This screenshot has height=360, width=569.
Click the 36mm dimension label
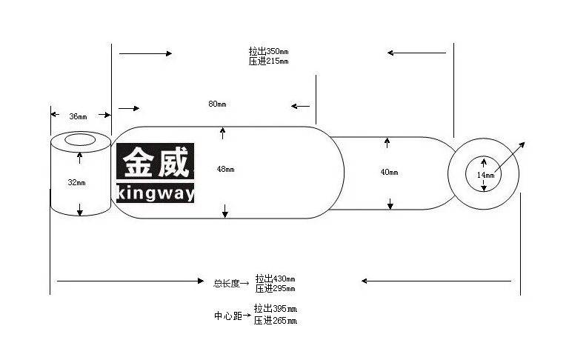(78, 116)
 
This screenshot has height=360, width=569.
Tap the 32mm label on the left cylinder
(76, 182)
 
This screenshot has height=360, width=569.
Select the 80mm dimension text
(217, 104)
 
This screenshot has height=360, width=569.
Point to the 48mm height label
(225, 169)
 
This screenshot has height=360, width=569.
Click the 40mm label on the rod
(389, 172)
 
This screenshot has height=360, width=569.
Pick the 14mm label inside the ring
(485, 175)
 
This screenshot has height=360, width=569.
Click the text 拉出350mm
(268, 51)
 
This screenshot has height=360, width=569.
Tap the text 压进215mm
(268, 61)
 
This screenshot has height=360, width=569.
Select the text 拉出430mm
(275, 279)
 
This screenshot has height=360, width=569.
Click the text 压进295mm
(275, 288)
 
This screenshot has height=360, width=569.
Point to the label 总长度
(227, 284)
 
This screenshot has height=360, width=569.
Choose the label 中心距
(228, 316)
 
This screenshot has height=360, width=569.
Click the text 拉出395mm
(276, 309)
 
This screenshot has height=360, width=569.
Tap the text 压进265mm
(276, 321)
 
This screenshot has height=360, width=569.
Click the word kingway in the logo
(156, 193)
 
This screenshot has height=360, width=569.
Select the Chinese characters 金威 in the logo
(156, 162)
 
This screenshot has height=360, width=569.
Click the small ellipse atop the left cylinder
(80, 140)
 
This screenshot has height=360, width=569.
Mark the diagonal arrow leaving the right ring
(510, 157)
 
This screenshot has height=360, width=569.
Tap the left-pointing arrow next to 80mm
(300, 107)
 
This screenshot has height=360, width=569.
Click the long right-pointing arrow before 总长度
(130, 281)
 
